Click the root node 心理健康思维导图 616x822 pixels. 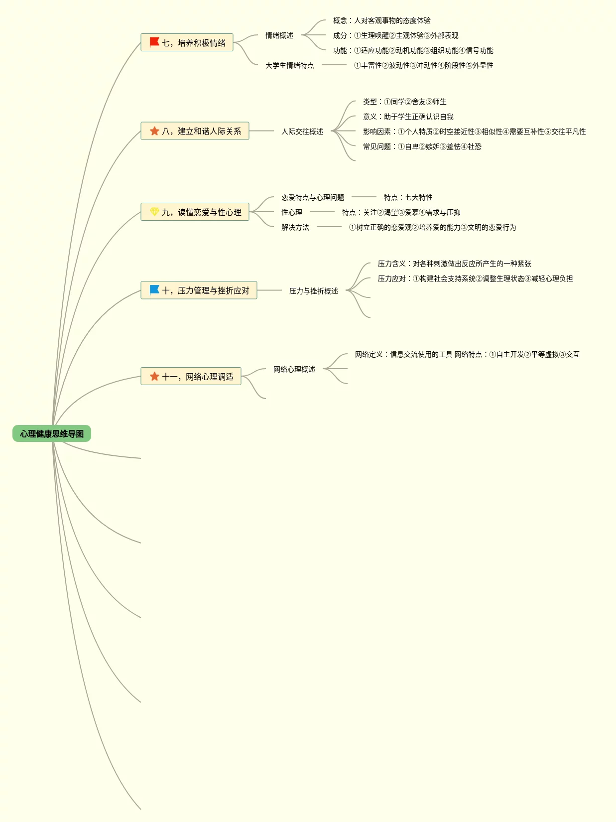point(52,433)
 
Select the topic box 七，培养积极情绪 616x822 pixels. point(187,42)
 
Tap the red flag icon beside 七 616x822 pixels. point(154,42)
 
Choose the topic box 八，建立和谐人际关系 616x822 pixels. point(195,131)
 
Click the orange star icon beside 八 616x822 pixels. point(154,131)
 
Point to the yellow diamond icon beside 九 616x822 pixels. point(154,212)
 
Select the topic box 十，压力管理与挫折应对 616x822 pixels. point(199,290)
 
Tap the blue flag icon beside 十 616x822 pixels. point(154,289)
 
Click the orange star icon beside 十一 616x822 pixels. point(154,376)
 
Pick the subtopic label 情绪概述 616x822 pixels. point(279,35)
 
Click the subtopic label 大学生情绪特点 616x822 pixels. point(290,65)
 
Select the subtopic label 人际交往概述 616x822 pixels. point(302,132)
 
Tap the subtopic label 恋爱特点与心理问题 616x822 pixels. point(313,197)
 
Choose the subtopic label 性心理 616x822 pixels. point(292,212)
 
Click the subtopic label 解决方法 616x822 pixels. point(295,227)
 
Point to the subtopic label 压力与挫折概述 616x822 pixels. point(314,291)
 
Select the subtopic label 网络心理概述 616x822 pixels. point(294,369)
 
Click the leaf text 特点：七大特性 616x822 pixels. point(408,197)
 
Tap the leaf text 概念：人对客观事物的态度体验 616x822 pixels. point(382,20)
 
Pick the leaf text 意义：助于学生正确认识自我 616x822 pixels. point(408,117)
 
